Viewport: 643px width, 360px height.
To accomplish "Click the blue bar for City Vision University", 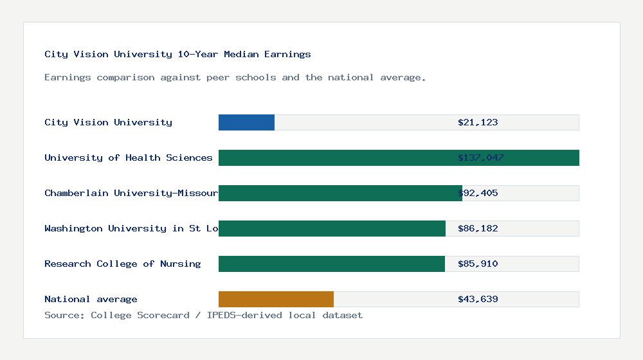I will [x=246, y=122].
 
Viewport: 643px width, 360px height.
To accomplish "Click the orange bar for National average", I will [x=276, y=299].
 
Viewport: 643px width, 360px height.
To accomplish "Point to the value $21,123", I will [x=478, y=122].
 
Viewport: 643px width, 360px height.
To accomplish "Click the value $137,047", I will [x=480, y=157].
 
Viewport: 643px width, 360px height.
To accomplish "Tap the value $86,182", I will [x=478, y=228].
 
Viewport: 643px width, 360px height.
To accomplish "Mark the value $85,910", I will [x=478, y=264].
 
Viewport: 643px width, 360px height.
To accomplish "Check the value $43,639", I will [x=478, y=299].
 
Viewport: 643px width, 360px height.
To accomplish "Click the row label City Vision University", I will [x=108, y=122].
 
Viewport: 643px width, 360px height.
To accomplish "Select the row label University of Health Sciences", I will [x=129, y=157].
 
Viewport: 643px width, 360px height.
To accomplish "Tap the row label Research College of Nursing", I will [x=122, y=264].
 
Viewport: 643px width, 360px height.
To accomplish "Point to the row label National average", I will [x=91, y=299].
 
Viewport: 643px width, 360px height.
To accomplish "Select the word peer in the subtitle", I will [x=218, y=77].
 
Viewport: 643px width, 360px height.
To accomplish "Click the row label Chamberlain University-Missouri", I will [x=131, y=193].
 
